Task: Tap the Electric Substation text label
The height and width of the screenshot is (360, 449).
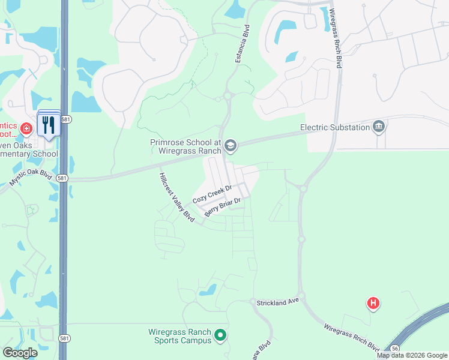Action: coord(335,127)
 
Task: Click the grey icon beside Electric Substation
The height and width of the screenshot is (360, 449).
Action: coord(379,127)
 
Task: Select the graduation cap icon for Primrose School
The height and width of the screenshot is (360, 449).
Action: coord(231,145)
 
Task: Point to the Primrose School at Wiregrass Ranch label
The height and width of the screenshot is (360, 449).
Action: coord(185,146)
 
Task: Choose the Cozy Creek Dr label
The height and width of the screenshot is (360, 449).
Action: coord(212,194)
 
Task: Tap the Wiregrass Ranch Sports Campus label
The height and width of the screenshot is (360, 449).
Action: coord(179,336)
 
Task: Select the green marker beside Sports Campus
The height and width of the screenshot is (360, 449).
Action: coord(220,335)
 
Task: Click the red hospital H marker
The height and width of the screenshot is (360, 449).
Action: coord(373,304)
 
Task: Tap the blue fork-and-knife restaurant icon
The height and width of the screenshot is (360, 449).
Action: coord(49,125)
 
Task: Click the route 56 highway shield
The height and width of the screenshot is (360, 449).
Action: coord(394,348)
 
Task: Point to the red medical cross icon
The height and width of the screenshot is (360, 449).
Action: coord(26,129)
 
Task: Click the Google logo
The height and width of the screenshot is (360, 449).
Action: coord(20,353)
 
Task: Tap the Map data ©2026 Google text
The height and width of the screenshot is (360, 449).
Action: coord(412,355)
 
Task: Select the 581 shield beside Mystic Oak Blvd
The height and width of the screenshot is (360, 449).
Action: coord(62,179)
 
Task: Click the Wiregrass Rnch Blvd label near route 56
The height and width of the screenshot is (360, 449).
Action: coord(351,337)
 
